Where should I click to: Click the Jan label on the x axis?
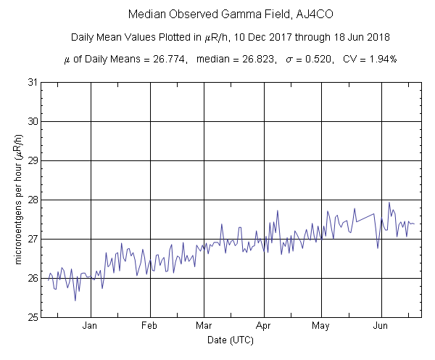[x=91, y=326]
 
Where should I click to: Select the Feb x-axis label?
[x=150, y=326]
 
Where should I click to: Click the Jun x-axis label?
[x=381, y=326]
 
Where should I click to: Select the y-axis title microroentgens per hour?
[x=17, y=200]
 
